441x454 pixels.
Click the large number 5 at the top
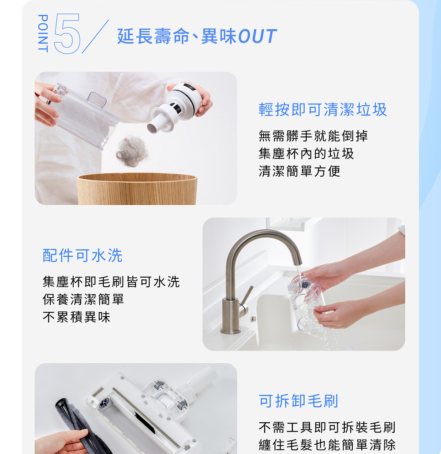pos(67,33)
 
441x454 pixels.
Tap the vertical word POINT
pos(43,33)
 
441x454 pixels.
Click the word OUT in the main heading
pos(257,37)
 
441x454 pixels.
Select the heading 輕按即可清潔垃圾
pos(323,110)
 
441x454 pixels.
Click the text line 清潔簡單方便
pos(299,171)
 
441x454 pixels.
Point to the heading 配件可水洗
pos(82,255)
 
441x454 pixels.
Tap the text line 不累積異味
pos(77,317)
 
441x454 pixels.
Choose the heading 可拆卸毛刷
pos(299,401)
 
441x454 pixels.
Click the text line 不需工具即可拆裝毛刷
pos(327,428)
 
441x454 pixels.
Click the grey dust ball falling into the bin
pos(132,151)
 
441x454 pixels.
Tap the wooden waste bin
pos(137,189)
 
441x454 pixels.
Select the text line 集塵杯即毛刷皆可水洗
pos(111,282)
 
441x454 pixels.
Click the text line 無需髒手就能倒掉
pos(314,136)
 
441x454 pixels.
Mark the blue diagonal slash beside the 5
pos(95,37)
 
